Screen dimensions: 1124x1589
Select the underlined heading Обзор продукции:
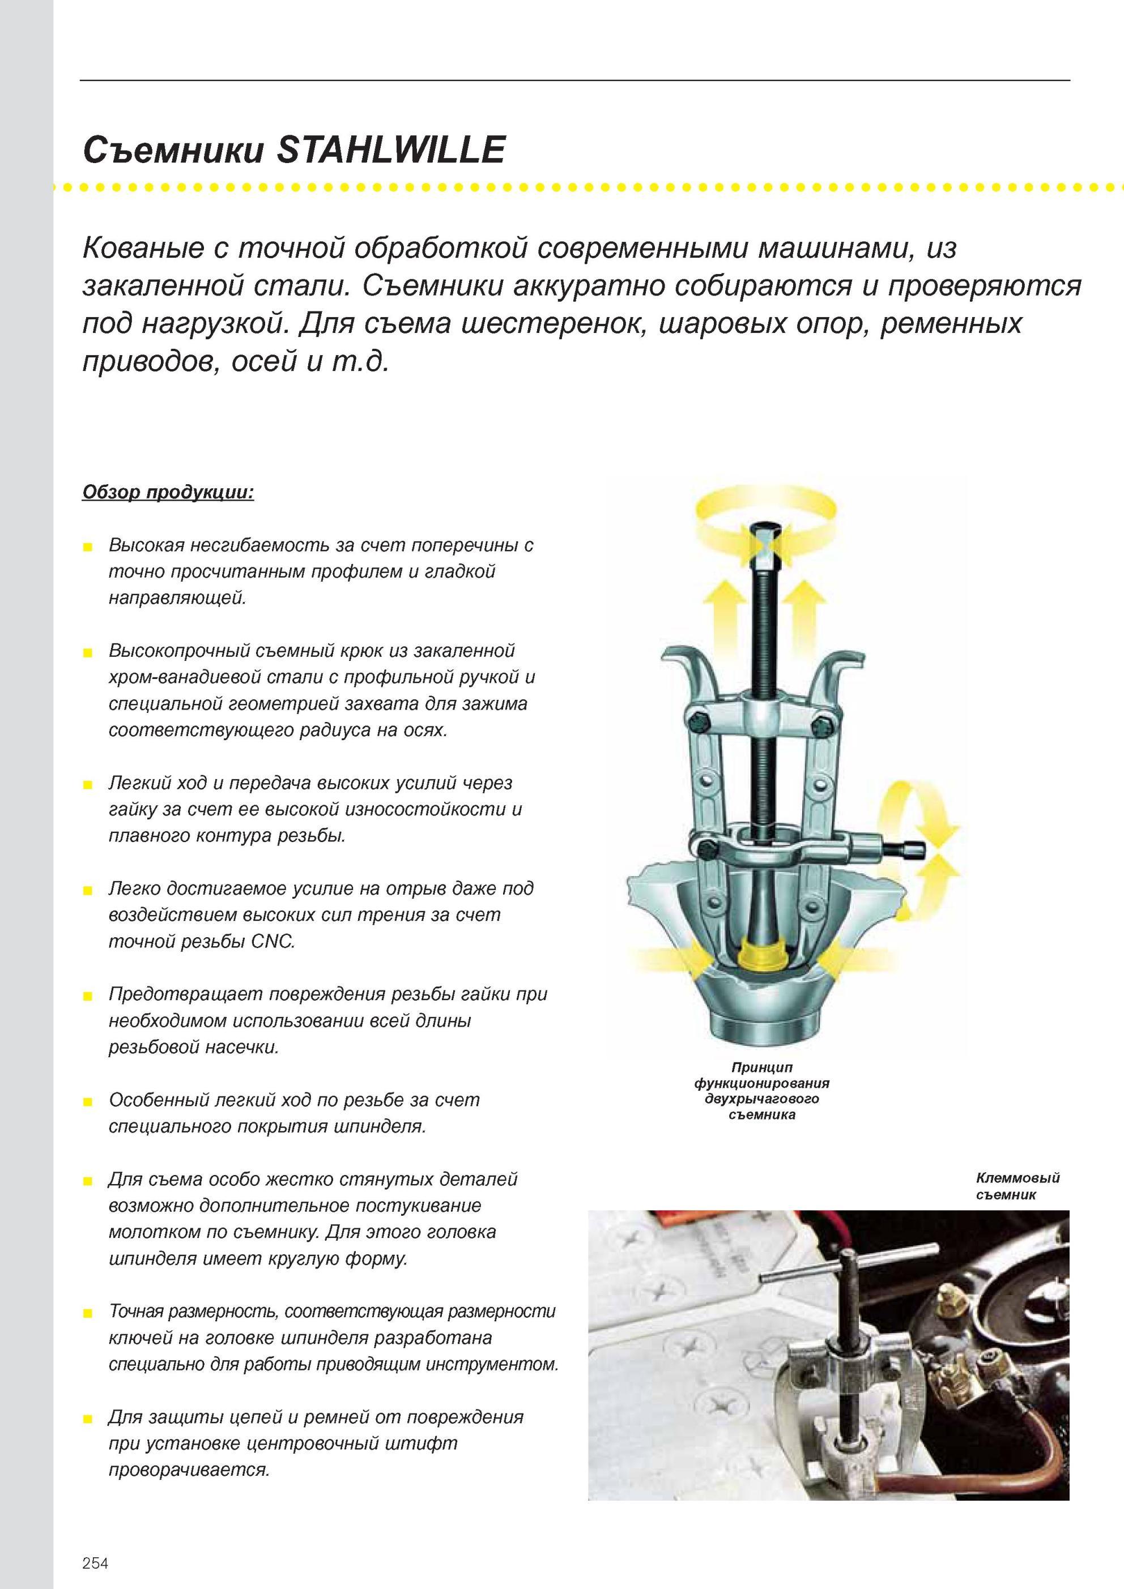pyautogui.click(x=168, y=493)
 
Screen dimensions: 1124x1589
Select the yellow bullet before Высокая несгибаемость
pyautogui.click(x=87, y=548)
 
